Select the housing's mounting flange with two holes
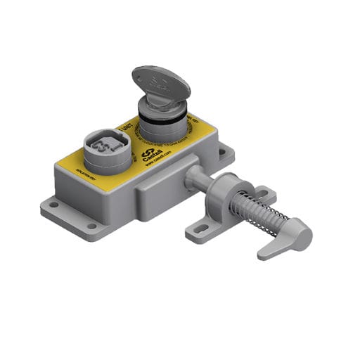coord(70,216)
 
